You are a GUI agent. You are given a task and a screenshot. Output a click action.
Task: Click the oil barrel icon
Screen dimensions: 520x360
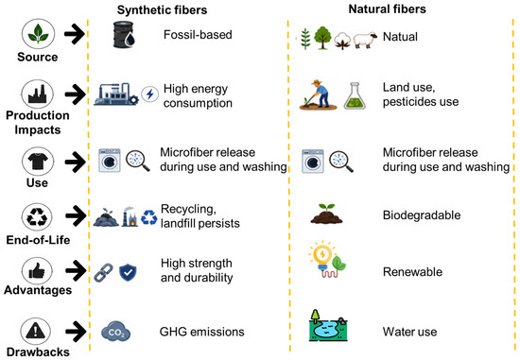[x=124, y=34]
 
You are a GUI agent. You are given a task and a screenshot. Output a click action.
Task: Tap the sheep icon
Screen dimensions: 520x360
[x=365, y=40]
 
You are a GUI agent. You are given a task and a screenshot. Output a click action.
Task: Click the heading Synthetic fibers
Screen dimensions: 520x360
[x=162, y=10]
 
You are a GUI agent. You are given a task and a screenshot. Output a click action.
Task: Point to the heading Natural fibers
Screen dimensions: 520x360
[x=387, y=9]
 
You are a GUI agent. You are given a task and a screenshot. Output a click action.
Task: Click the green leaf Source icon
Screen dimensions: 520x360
[x=38, y=34]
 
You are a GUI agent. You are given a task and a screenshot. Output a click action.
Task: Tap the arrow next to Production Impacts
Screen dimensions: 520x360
[x=75, y=94]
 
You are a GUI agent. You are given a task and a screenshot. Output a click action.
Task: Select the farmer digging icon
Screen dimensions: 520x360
[x=318, y=94]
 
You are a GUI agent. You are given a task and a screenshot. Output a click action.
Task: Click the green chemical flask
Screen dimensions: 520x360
[x=355, y=96]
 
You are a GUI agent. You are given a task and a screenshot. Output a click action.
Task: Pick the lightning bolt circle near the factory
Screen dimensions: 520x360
[x=150, y=94]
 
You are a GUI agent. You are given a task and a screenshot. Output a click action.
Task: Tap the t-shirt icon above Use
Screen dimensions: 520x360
[x=38, y=162]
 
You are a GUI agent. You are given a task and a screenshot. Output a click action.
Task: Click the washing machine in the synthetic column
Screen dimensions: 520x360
[x=110, y=161]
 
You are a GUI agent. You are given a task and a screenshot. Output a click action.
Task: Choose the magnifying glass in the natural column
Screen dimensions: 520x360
[x=341, y=162]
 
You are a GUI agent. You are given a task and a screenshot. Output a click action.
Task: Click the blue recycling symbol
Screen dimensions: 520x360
[x=148, y=217]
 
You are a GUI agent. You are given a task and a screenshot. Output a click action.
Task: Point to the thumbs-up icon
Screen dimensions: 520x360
[x=37, y=272]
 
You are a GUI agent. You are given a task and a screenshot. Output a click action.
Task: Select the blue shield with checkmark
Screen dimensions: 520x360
[x=128, y=272]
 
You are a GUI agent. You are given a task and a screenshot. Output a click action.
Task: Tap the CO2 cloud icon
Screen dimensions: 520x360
[x=115, y=332]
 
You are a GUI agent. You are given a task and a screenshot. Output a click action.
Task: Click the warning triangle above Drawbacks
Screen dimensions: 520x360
[x=36, y=331]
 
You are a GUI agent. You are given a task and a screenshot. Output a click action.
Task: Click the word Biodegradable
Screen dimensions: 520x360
[x=422, y=215]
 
